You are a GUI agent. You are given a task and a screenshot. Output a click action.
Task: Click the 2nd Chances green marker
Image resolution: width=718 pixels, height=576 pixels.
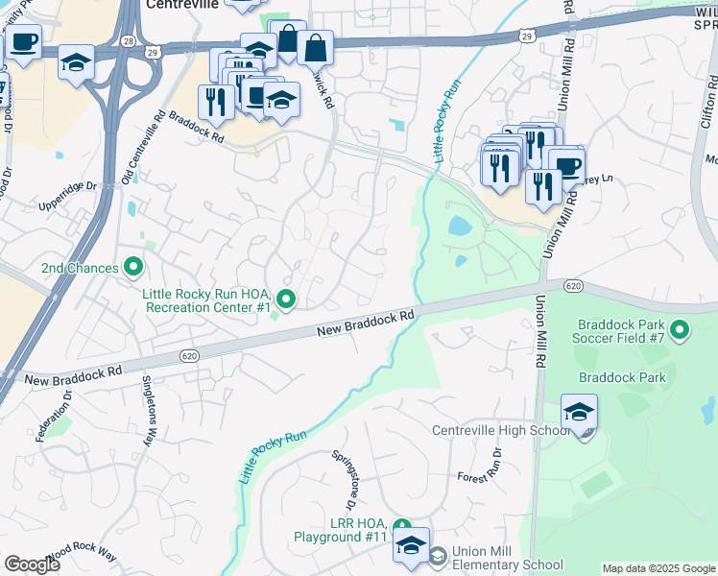[x=133, y=267]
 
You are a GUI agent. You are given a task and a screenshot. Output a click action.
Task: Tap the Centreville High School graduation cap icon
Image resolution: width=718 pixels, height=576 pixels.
[x=579, y=412]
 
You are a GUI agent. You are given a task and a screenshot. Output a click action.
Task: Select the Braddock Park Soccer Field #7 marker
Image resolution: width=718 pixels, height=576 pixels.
[x=681, y=331]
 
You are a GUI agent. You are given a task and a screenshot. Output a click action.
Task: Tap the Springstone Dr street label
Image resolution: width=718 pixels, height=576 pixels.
[x=344, y=480]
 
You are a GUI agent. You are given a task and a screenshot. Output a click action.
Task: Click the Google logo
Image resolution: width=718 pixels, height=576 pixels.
[x=32, y=564]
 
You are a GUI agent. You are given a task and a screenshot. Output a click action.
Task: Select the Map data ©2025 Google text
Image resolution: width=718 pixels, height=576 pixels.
[x=658, y=568]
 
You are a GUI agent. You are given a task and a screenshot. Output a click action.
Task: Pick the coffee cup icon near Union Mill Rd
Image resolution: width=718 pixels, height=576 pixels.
[x=566, y=164]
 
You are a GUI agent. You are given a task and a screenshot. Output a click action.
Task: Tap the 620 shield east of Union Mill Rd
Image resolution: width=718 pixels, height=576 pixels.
[x=573, y=286]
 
